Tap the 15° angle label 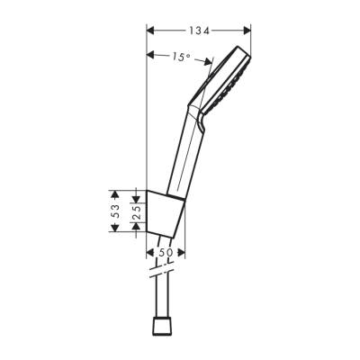pyautogui.click(x=180, y=57)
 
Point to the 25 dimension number pyautogui.click(x=136, y=213)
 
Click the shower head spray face pyautogui.click(x=237, y=77)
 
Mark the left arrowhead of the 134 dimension pyautogui.click(x=149, y=31)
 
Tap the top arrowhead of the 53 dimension pyautogui.click(x=114, y=193)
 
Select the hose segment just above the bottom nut pyautogui.click(x=165, y=301)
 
